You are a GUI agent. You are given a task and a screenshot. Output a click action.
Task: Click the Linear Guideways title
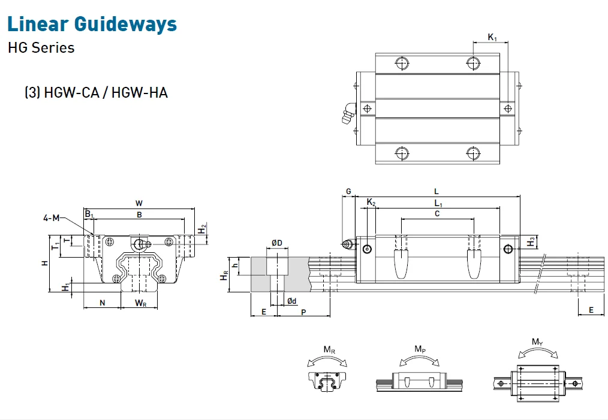coord(92,24)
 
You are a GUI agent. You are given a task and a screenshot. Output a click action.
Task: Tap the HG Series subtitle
coord(41,48)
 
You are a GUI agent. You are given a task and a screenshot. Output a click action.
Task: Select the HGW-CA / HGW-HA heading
coord(96,93)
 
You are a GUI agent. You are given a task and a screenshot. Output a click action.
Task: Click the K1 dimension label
coord(492,38)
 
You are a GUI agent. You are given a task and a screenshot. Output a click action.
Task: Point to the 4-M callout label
coord(51,218)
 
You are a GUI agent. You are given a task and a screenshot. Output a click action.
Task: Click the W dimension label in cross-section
coord(139,203)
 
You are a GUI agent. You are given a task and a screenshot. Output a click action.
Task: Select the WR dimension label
coord(140,303)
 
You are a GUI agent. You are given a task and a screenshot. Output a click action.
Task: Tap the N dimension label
coord(102,303)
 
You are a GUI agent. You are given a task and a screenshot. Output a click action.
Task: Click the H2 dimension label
coord(203,228)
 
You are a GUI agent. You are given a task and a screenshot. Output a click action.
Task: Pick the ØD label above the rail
coord(276,242)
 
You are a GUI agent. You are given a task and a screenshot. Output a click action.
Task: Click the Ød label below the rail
coord(291,301)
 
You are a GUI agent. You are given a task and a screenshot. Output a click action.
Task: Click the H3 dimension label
coord(531,241)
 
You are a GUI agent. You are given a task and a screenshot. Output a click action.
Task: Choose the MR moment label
coord(329,349)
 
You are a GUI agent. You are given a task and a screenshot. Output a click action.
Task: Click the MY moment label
coord(538,342)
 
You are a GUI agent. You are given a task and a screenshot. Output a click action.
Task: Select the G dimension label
coord(348,191)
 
